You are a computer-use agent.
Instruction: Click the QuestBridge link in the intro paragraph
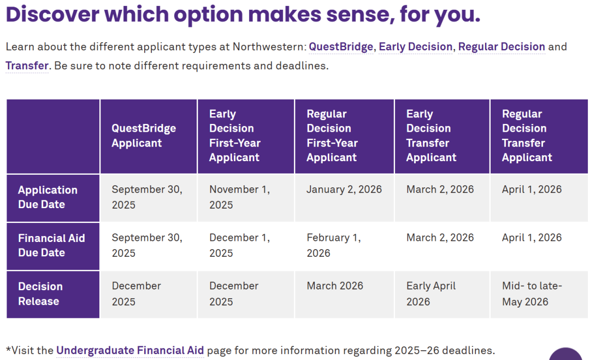(341, 46)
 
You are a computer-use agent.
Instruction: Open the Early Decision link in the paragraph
(415, 46)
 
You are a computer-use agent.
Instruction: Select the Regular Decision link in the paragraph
(501, 46)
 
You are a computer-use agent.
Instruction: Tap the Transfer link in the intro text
(27, 66)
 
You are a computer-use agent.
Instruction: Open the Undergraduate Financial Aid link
(130, 350)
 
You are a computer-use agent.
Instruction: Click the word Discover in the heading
(52, 14)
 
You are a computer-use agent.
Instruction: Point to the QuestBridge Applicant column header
(144, 135)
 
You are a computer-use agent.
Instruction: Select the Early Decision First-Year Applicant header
(235, 135)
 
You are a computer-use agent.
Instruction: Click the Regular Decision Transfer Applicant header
(527, 135)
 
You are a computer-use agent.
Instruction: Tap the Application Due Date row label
(48, 197)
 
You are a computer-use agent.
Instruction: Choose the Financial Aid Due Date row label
(51, 245)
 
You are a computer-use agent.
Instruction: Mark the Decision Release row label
(40, 294)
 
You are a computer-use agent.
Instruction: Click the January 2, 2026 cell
(344, 189)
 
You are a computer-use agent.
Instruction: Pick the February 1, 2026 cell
(334, 245)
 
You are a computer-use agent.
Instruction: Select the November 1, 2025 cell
(240, 197)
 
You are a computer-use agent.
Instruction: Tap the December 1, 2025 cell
(240, 245)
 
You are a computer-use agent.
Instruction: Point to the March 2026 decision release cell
(335, 286)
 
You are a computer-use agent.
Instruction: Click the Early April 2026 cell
(431, 294)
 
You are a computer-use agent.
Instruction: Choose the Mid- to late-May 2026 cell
(532, 294)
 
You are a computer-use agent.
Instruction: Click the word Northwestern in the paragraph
(267, 46)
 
